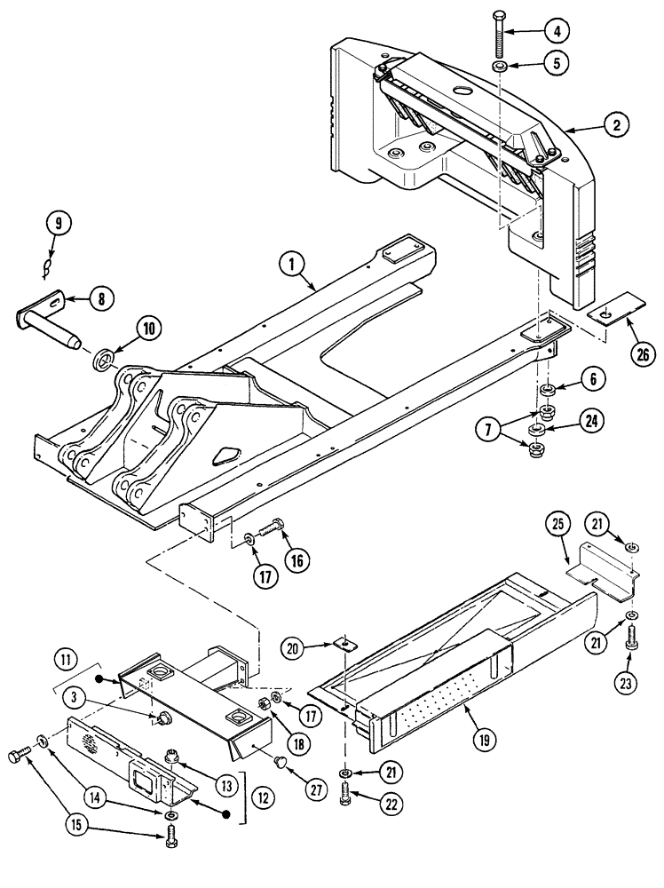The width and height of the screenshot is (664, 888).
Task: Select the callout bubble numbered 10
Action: coord(146,329)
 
